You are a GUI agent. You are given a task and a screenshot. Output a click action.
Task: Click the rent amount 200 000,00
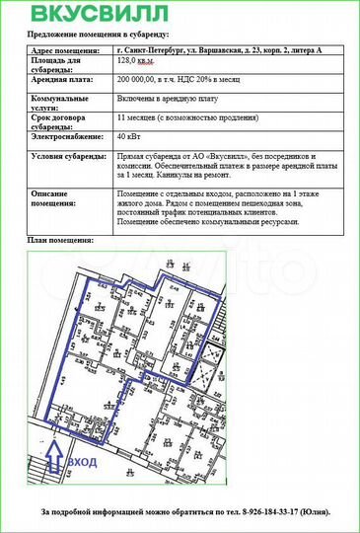pyautogui.click(x=138, y=78)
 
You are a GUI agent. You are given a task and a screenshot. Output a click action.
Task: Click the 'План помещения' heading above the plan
pyautogui.click(x=60, y=240)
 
